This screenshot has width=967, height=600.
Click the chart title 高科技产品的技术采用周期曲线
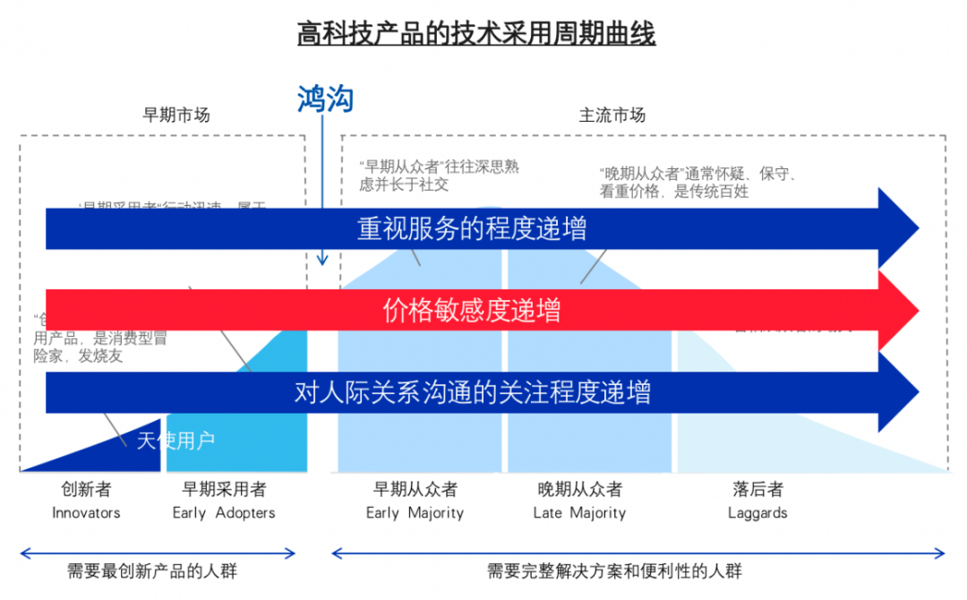tap(476, 34)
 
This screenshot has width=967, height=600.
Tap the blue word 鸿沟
tap(325, 99)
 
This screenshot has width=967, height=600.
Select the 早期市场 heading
tap(176, 115)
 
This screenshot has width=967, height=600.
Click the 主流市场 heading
tap(612, 115)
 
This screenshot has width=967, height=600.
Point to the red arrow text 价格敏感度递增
tap(472, 311)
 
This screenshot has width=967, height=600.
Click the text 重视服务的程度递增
tap(472, 229)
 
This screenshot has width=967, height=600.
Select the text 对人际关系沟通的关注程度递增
tap(472, 392)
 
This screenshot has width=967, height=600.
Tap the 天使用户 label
tap(176, 440)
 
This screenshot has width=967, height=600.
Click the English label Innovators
tap(86, 513)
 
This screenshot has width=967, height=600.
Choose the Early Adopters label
tap(224, 513)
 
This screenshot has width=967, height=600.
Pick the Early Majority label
tap(415, 513)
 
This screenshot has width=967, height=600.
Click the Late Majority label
tap(579, 513)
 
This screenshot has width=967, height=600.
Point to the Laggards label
tap(757, 513)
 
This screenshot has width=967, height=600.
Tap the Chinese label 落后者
tap(757, 489)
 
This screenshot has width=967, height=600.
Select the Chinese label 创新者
tap(86, 489)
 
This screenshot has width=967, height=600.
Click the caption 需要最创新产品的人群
tap(152, 570)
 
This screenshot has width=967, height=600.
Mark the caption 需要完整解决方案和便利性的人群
tap(614, 570)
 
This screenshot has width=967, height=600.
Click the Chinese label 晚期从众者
tap(579, 489)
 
